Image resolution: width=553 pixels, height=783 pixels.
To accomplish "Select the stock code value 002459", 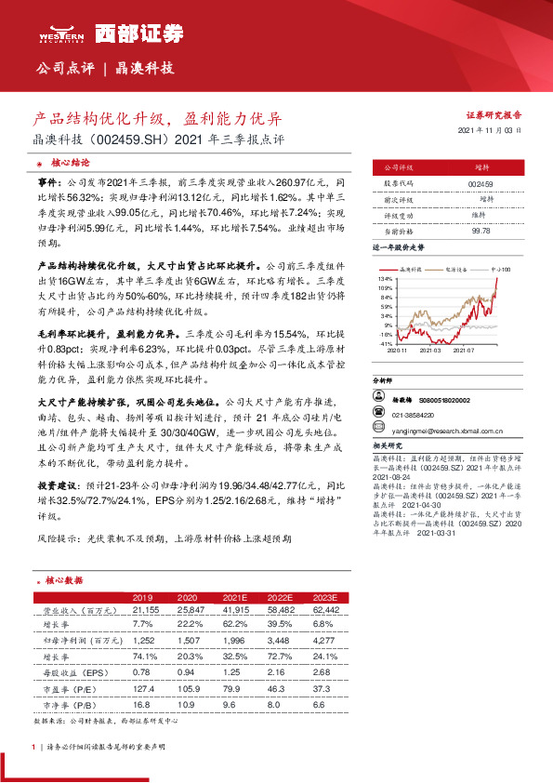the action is [x=481, y=184].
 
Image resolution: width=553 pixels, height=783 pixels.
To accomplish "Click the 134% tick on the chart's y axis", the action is [x=386, y=279].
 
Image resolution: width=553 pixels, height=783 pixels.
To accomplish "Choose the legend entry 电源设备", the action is [x=456, y=267].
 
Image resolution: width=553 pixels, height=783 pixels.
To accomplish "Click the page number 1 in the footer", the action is [x=33, y=747].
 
